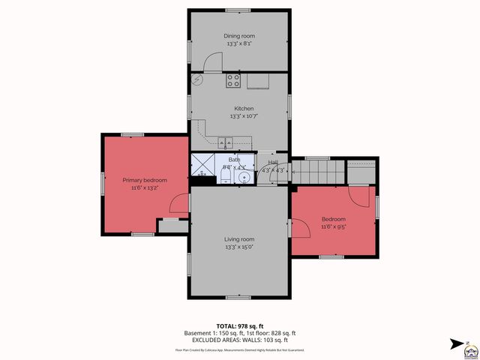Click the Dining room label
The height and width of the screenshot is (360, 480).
pyautogui.click(x=239, y=35)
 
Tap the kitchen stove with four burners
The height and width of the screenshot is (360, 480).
pyautogui.click(x=234, y=81)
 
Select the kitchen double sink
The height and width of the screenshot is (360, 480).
pyautogui.click(x=226, y=142)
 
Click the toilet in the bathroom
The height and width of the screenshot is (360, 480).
pyautogui.click(x=226, y=177)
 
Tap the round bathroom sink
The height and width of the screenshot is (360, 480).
pyautogui.click(x=241, y=178)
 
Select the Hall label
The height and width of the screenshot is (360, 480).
pyautogui.click(x=273, y=162)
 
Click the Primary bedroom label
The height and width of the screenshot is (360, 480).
pyautogui.click(x=145, y=180)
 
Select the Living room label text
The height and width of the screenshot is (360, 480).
pyautogui.click(x=239, y=239)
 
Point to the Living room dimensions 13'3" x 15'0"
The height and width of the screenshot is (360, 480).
pyautogui.click(x=239, y=247)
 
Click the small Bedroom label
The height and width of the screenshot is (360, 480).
pyautogui.click(x=334, y=218)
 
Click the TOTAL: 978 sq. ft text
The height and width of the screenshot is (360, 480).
pyautogui.click(x=240, y=325)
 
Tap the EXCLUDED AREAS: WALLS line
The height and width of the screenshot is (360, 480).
pyautogui.click(x=240, y=340)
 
